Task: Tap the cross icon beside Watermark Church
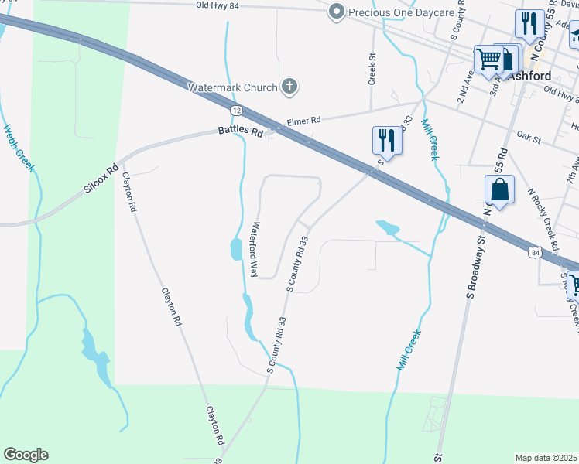pyautogui.click(x=289, y=86)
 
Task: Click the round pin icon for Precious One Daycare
pyautogui.click(x=336, y=12)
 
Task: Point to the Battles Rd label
pyautogui.click(x=240, y=132)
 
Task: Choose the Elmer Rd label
pyautogui.click(x=303, y=121)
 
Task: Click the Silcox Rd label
pyautogui.click(x=101, y=179)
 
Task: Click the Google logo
pyautogui.click(x=26, y=455)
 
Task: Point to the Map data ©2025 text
pyautogui.click(x=546, y=458)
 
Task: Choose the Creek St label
pyautogui.click(x=372, y=69)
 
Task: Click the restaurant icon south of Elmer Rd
pyautogui.click(x=387, y=142)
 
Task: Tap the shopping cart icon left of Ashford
pyautogui.click(x=488, y=58)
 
